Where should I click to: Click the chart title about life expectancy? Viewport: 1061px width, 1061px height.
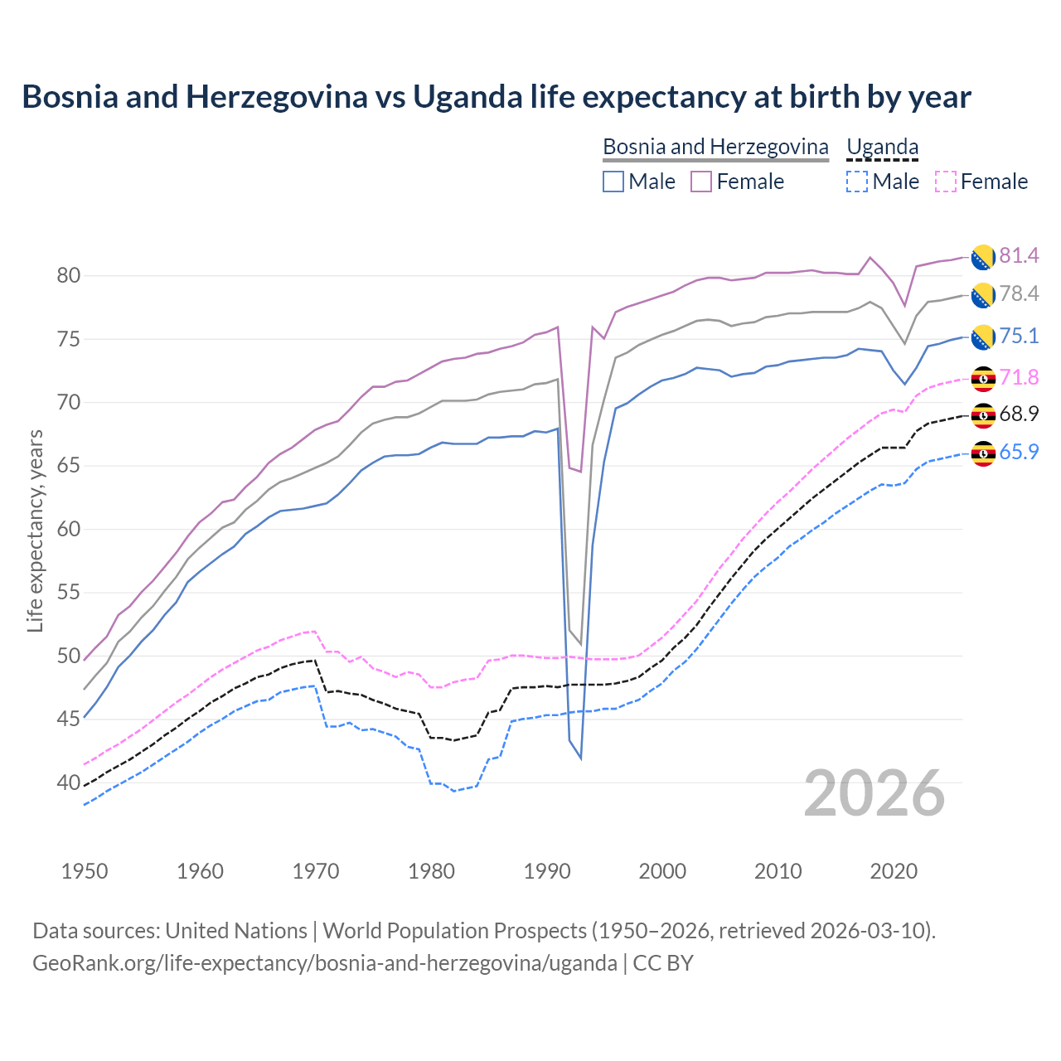click(496, 97)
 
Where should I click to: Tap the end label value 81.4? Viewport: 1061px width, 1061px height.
click(1019, 255)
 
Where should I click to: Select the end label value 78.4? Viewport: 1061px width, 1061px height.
click(1019, 293)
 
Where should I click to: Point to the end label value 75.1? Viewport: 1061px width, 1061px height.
click(1019, 336)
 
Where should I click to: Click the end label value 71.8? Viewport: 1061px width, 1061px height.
click(1019, 377)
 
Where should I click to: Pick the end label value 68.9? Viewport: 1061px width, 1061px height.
click(1019, 414)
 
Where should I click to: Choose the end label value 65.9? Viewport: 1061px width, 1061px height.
click(1019, 452)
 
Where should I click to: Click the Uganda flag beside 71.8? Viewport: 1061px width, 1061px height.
click(983, 378)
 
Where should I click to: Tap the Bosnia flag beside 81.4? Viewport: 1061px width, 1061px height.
click(983, 257)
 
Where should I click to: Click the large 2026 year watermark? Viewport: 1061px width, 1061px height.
click(874, 793)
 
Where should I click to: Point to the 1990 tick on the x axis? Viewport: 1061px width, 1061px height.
click(547, 871)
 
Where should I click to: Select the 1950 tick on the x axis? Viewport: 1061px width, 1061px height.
click(85, 871)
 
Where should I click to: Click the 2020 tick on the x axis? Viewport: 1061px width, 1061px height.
click(894, 871)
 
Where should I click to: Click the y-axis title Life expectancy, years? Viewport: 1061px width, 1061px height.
click(35, 530)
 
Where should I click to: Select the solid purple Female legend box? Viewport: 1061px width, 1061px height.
click(701, 182)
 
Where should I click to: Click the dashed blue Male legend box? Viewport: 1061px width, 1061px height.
click(857, 182)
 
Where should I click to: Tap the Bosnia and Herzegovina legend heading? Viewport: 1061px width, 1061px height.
click(715, 147)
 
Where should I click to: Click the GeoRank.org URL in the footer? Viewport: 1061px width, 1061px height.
click(324, 963)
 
